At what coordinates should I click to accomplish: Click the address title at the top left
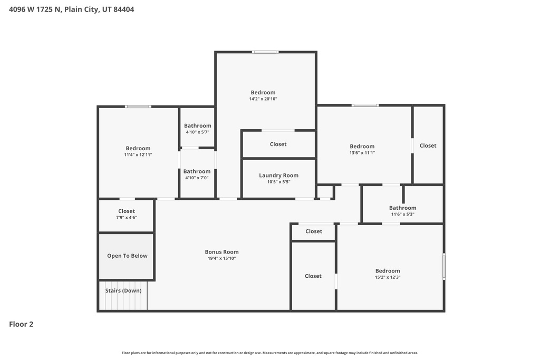point(72,9)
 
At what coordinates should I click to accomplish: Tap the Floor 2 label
point(21,324)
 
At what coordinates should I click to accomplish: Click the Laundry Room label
point(278,176)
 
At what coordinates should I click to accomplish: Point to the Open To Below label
point(127,256)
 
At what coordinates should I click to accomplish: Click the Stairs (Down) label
point(123,290)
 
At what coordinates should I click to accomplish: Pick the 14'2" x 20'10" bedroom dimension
point(263,99)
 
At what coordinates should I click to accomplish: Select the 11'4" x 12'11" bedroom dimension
point(138,155)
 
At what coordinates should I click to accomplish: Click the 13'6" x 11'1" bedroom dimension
point(362,153)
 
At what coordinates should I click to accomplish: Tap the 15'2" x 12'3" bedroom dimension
point(387,277)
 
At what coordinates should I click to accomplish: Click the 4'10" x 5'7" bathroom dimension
point(197,132)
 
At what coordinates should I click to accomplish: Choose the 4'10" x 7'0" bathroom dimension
point(197,178)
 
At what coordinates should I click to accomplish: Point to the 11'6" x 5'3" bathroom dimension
point(402,214)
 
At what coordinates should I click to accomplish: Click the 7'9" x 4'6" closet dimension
point(126,218)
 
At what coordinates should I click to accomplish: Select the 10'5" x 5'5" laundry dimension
point(278,182)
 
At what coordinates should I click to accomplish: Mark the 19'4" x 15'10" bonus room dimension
point(221,258)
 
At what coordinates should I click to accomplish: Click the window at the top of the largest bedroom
point(265,52)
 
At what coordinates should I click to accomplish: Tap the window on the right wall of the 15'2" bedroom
point(444,266)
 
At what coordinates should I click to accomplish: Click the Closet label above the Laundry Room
point(278,144)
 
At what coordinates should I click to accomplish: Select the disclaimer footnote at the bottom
point(269,353)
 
